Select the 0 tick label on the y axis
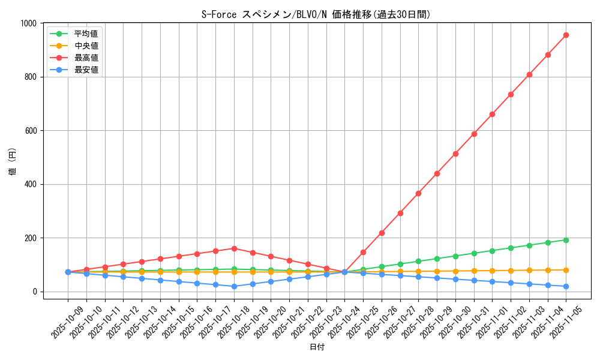(37, 292)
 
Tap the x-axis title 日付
(317, 347)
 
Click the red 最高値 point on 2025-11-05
(566, 35)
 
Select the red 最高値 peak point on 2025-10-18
(234, 248)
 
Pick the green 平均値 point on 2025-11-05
(566, 240)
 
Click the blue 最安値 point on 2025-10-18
(234, 286)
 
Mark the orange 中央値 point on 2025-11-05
(566, 270)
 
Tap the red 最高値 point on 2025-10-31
(474, 134)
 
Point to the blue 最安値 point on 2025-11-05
(566, 286)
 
